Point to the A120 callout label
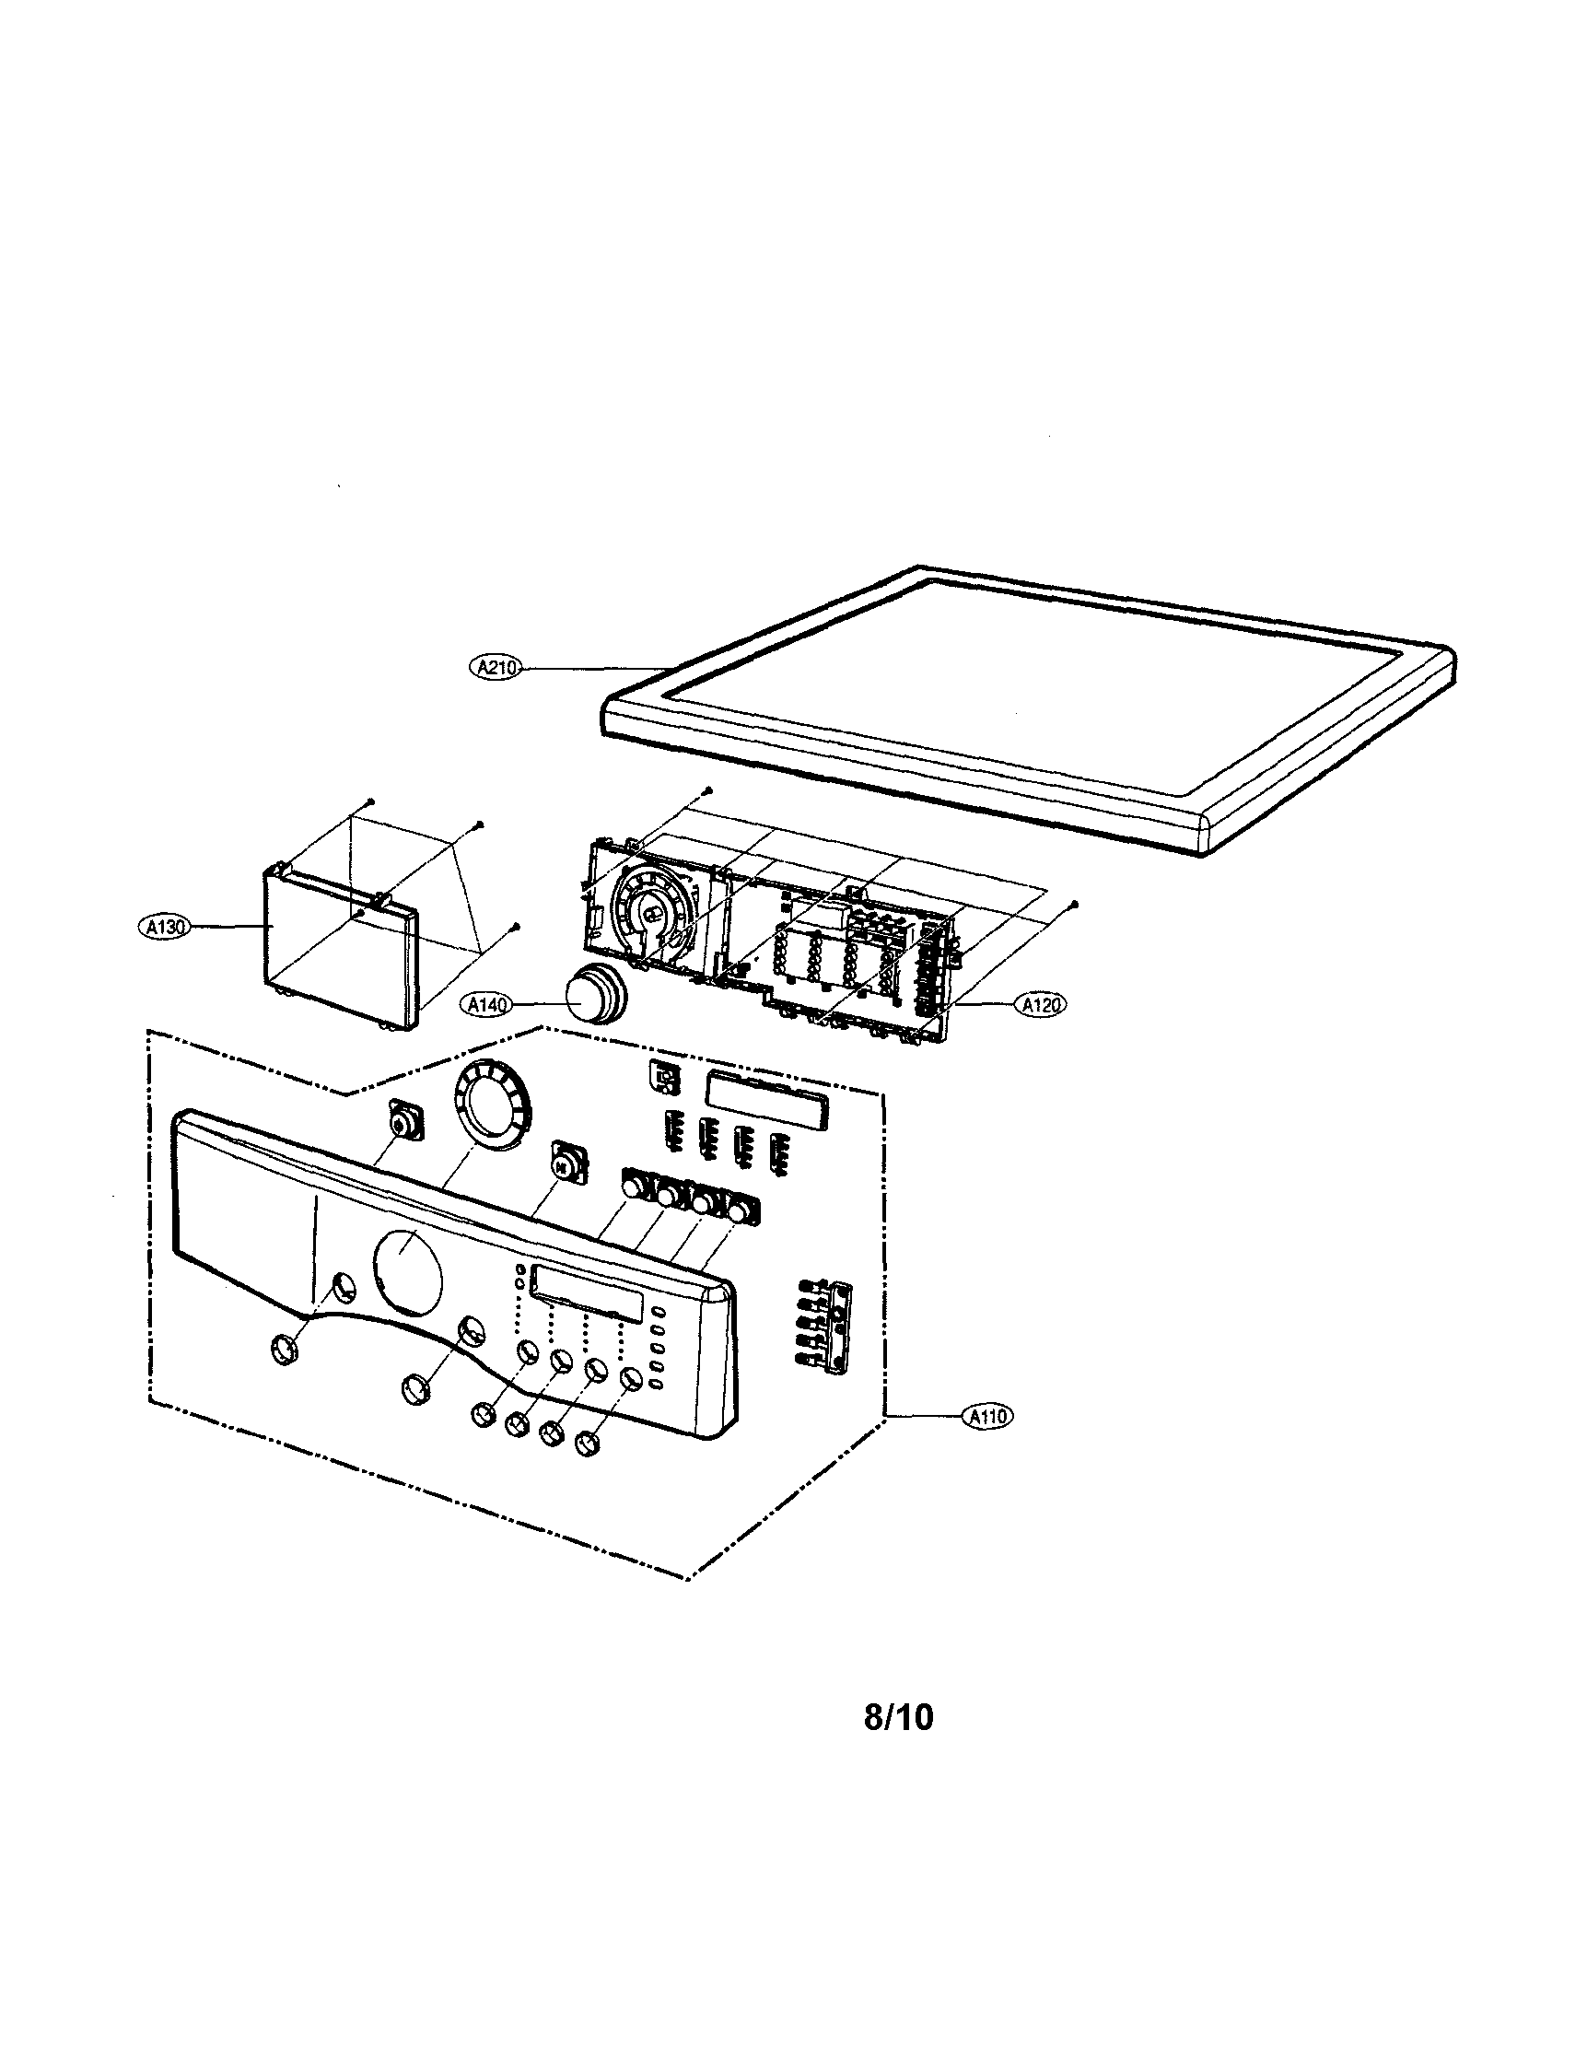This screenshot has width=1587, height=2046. [x=1041, y=1005]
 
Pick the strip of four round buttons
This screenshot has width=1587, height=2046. [x=689, y=1196]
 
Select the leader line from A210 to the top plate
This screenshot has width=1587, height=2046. [x=600, y=668]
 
